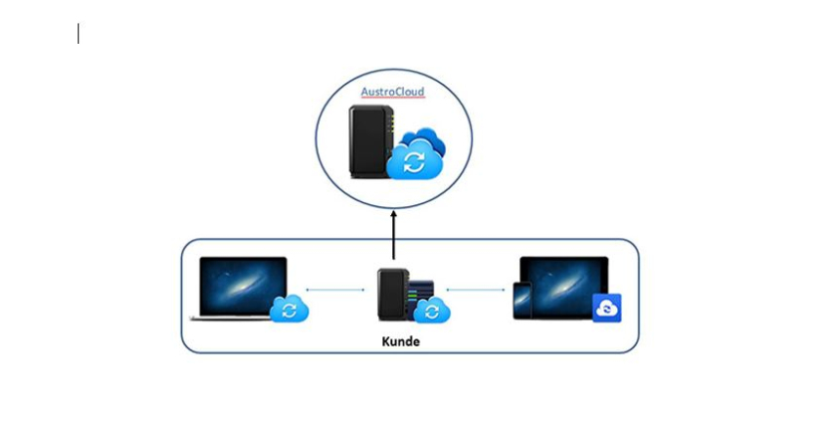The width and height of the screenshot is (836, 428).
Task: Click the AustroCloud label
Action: tap(392, 92)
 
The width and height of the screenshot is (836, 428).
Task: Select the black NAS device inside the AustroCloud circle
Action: tap(370, 140)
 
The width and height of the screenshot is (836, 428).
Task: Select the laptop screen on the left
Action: tap(243, 285)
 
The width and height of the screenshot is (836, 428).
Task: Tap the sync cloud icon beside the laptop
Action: tap(290, 310)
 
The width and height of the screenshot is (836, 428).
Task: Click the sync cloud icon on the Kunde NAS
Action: tap(432, 312)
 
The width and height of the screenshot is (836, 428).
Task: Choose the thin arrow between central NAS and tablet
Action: tap(476, 291)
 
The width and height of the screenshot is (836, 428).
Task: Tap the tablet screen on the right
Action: tap(563, 285)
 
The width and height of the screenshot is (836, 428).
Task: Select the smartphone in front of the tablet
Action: tap(523, 302)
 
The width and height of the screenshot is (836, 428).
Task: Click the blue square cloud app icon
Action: tap(606, 309)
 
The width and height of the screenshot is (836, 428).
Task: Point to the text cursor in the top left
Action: tap(79, 34)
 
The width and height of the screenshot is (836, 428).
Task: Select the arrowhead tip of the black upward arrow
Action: tap(394, 212)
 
